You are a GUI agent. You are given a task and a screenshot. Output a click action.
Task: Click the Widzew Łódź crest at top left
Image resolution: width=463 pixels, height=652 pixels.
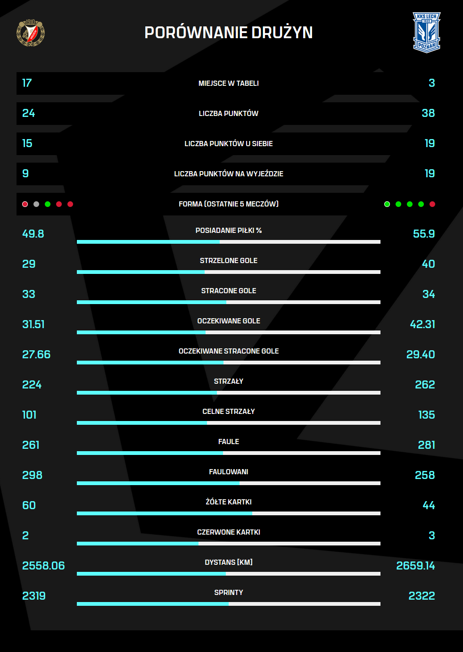[x=31, y=33]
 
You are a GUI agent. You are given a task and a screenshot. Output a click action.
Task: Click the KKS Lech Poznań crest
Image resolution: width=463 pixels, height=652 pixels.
[x=426, y=32]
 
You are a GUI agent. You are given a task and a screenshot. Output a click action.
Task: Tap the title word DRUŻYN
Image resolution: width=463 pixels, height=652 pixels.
[x=282, y=33]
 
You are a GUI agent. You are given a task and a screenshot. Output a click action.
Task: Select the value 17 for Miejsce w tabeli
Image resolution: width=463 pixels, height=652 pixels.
[x=27, y=83]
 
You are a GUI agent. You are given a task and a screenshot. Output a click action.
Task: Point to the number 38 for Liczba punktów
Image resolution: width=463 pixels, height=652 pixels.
[x=428, y=113]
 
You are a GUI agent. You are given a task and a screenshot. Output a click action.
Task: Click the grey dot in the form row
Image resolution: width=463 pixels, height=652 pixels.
[x=36, y=204]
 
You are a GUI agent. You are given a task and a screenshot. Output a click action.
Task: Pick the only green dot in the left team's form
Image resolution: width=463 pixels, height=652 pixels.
[x=48, y=204]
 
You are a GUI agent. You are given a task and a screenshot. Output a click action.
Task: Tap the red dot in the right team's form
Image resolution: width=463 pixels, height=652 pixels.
[x=432, y=204]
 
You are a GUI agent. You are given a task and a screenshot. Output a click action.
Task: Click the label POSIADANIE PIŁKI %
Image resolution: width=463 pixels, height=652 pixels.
[x=229, y=231]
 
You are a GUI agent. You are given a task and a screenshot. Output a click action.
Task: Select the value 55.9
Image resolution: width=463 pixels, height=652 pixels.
[x=424, y=234]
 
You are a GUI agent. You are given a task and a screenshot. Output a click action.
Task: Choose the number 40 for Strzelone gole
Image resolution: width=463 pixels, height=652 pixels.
[x=428, y=264]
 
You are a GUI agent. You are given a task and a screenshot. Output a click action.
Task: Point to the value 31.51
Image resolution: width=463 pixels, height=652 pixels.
[x=33, y=324]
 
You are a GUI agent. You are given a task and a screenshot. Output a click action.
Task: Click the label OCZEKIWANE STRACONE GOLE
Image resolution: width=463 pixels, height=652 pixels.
[x=229, y=351]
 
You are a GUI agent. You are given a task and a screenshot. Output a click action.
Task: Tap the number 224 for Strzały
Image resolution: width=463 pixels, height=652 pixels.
[x=32, y=385]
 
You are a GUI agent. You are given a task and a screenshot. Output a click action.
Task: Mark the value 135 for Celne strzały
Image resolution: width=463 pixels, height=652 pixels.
[x=426, y=415]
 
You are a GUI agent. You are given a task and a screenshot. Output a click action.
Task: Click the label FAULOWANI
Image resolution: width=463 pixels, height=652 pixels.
[x=229, y=472]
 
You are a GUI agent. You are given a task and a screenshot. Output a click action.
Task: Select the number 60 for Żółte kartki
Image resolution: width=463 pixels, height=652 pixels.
[x=29, y=505]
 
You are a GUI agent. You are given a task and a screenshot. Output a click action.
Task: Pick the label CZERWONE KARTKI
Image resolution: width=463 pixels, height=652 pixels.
[x=229, y=532]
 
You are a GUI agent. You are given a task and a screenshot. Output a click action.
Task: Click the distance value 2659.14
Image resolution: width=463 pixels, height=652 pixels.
[x=415, y=566]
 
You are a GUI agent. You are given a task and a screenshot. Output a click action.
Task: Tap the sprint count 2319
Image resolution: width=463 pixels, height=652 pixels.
[x=34, y=596]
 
